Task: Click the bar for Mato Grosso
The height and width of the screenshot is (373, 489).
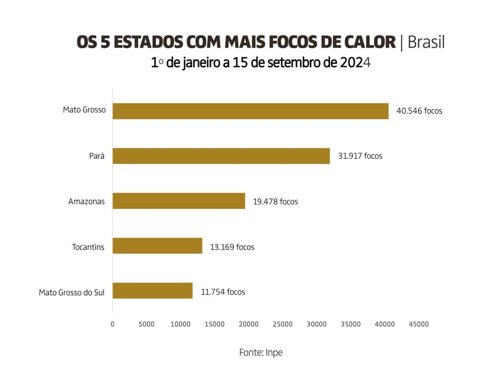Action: click(x=250, y=111)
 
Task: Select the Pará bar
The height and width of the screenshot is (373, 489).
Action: click(x=221, y=156)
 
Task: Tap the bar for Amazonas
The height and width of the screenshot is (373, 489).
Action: click(x=179, y=201)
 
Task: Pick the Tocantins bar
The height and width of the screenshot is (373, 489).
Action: click(x=157, y=246)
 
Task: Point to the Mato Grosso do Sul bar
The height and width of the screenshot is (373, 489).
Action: click(x=152, y=290)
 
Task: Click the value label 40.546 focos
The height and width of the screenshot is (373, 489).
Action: click(x=419, y=111)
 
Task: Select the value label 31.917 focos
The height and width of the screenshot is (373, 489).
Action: click(x=360, y=156)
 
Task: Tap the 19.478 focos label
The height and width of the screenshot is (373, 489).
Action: click(x=275, y=201)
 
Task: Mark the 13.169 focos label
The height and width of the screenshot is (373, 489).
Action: click(x=232, y=247)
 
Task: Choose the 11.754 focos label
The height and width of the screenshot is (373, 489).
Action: click(x=223, y=292)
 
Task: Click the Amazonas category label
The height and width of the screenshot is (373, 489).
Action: click(x=86, y=201)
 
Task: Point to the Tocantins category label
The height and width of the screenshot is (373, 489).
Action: click(x=88, y=247)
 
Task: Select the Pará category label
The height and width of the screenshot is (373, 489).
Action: click(x=97, y=156)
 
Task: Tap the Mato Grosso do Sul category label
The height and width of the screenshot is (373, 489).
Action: click(x=71, y=293)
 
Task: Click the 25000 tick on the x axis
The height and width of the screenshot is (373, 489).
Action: click(x=283, y=324)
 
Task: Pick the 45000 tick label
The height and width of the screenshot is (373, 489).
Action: click(x=419, y=324)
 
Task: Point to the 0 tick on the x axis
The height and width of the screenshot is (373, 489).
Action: click(x=112, y=324)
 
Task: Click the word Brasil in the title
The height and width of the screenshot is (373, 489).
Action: click(x=426, y=42)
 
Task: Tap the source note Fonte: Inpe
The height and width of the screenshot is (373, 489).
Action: click(x=261, y=352)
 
